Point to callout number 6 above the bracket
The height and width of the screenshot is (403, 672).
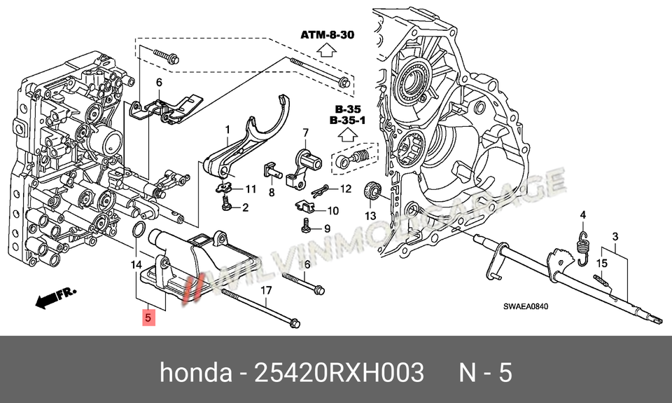(159, 83)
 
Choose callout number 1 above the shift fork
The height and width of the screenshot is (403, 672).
(227, 129)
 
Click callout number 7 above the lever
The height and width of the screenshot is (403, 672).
(305, 132)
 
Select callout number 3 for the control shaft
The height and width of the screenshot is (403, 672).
(615, 237)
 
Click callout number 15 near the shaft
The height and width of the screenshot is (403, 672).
(601, 263)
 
